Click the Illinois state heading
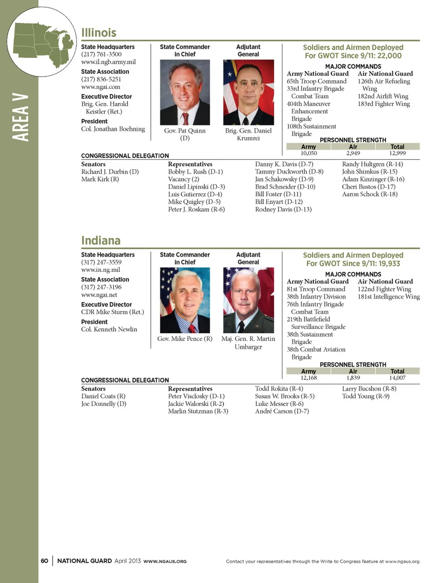point(99,33)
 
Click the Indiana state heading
point(101,240)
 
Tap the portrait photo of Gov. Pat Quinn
point(185,92)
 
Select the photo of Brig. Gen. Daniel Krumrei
point(248,92)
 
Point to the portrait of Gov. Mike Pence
point(185,300)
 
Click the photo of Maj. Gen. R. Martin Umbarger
point(248,300)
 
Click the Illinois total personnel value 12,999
point(397,153)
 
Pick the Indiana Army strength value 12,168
point(309,378)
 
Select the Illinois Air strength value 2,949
point(353,153)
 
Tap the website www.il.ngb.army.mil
point(108,62)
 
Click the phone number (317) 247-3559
point(101,262)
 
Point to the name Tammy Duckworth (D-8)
point(289,171)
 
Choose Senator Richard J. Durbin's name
point(110,171)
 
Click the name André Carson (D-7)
point(282,411)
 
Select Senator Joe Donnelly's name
point(104,404)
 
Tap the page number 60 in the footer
point(44,561)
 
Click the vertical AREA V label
point(20,117)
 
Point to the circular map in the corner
point(42,42)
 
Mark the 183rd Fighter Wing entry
point(384,104)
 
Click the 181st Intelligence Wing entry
point(389,296)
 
